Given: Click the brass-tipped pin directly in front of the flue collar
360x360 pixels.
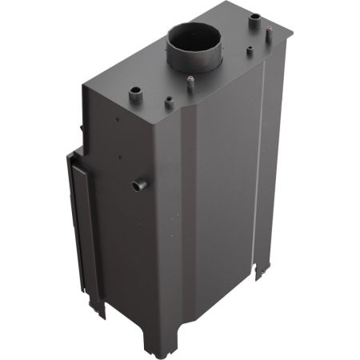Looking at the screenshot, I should pyautogui.click(x=191, y=80).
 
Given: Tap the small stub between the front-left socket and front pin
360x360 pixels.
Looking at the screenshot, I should pyautogui.click(x=170, y=102).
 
